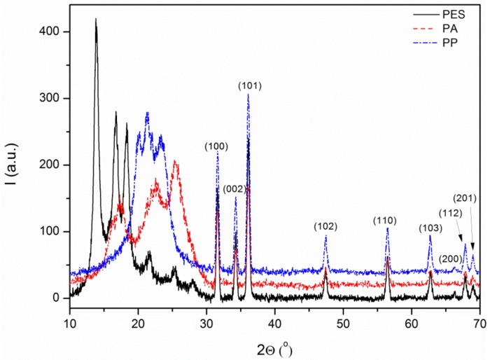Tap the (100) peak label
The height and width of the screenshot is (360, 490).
[x=216, y=146]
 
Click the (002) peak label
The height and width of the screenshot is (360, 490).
[x=234, y=190]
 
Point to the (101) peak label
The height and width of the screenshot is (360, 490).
[x=250, y=86]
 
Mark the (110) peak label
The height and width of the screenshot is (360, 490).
[x=387, y=221]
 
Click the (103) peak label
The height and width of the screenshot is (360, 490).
[x=430, y=228]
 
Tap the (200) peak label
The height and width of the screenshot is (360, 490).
[x=451, y=258]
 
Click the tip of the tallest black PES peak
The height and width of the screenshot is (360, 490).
[x=96, y=19]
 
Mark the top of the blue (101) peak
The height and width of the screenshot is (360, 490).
[x=248, y=94]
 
